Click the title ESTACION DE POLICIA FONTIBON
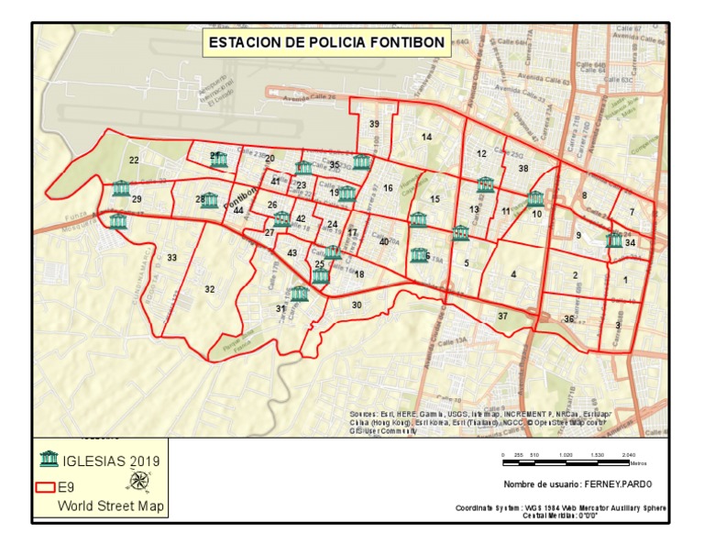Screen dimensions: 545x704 [x=326, y=42]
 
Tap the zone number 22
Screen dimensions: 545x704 [x=134, y=161]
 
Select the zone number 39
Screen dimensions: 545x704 [x=374, y=124]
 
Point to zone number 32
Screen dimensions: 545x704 [x=210, y=289]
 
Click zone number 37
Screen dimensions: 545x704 [x=502, y=316]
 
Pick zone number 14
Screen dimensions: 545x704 [x=426, y=137]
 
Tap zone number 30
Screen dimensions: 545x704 [x=357, y=305]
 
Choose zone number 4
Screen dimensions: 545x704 [x=514, y=274]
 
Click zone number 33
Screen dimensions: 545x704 [x=171, y=258]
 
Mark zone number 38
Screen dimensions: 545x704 [x=523, y=169]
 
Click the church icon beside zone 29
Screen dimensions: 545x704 [x=121, y=189]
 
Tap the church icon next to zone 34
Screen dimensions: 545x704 [x=614, y=240]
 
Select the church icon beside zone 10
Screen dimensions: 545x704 [x=535, y=198]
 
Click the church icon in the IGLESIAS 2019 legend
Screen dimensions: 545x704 [x=49, y=459]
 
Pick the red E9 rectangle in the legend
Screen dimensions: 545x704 [x=46, y=487]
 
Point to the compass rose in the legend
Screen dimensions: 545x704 [x=140, y=479]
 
